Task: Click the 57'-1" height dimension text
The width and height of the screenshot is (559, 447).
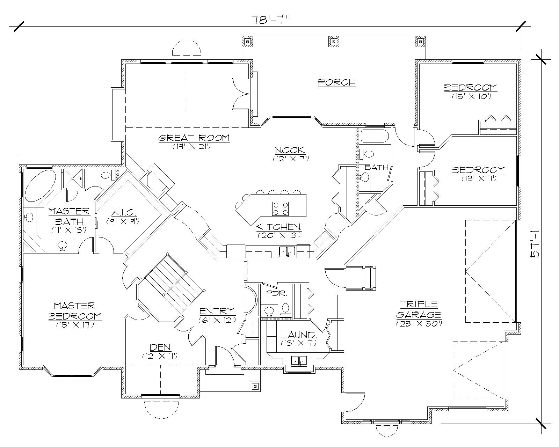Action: click(x=535, y=241)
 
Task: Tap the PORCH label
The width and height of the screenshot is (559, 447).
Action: click(x=337, y=82)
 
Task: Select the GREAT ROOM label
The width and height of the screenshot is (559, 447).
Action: click(x=194, y=138)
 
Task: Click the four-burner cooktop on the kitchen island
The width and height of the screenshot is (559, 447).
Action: click(x=281, y=208)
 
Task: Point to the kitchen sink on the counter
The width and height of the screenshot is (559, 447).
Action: click(x=287, y=251)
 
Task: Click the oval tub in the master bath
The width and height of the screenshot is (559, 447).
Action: click(x=40, y=186)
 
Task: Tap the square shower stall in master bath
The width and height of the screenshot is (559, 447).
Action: click(x=73, y=178)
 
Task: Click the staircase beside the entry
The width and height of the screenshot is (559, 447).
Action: click(x=174, y=280)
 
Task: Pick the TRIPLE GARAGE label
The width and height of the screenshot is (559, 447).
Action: click(x=419, y=309)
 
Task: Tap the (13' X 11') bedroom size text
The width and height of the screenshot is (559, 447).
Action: click(x=479, y=178)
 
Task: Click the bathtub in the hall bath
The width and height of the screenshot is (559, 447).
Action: click(x=374, y=136)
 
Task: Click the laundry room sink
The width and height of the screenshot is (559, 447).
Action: click(x=299, y=361)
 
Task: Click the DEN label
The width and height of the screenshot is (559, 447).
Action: click(x=160, y=347)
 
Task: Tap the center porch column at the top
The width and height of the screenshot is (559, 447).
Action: click(x=333, y=42)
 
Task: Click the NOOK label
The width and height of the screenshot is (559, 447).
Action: click(x=290, y=151)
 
